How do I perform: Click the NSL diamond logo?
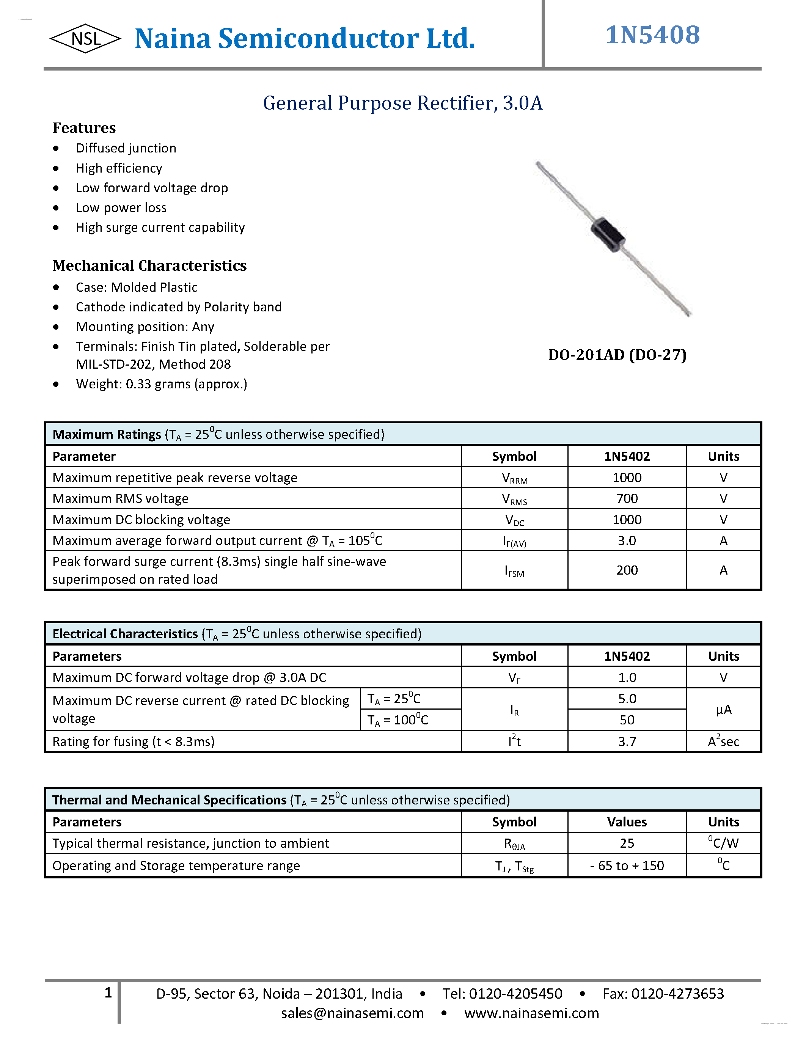85,39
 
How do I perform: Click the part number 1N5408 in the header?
652,35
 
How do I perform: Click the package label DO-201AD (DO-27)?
617,355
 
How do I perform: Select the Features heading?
84,128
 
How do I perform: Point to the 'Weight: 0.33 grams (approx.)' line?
162,384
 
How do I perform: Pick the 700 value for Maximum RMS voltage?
627,499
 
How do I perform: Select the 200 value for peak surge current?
627,570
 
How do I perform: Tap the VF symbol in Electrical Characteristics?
514,678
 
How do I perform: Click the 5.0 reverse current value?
627,699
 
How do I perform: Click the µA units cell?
723,710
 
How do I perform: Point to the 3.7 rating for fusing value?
627,741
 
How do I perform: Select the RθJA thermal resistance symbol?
514,844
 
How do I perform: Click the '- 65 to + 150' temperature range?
627,866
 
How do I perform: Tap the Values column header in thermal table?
627,822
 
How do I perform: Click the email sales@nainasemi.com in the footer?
352,1013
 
